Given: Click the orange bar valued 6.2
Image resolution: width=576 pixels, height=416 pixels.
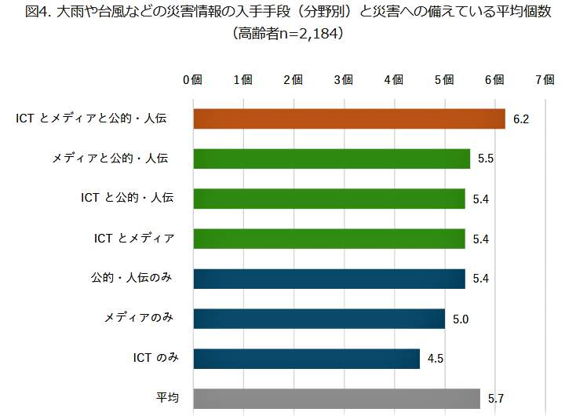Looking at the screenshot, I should point(348,119).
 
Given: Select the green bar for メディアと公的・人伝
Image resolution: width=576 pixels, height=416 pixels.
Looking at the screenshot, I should point(331,159).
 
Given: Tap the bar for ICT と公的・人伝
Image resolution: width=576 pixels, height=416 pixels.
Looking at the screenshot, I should point(329,199).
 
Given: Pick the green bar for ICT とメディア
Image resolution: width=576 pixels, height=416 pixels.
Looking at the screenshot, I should point(329,239).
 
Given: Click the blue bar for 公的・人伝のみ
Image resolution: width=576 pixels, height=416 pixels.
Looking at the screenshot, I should point(329,279).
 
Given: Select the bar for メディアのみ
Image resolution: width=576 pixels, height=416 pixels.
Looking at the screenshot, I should point(319,319).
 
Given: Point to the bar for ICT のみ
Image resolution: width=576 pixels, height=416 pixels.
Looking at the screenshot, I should point(306,359).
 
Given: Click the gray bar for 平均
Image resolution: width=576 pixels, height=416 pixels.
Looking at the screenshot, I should point(336,399).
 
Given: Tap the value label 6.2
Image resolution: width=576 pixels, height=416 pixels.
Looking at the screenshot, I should point(522,119).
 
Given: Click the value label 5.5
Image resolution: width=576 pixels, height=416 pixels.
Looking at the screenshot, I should point(485,159).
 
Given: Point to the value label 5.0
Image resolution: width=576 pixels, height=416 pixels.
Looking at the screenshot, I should point(461,319).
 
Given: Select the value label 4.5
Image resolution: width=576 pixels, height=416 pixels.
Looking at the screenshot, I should point(436,359).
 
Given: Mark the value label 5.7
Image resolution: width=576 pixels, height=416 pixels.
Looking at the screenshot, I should point(496,400).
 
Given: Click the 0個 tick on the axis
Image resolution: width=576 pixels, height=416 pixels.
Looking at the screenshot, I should point(192,79).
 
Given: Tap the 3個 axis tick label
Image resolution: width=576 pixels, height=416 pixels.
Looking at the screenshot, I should point(343,79).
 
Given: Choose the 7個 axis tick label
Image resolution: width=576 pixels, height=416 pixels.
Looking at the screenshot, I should point(545,79).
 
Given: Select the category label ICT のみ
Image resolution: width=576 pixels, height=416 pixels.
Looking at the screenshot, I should point(156,359).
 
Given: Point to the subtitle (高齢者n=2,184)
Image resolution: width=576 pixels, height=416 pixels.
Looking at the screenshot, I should point(288,35).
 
